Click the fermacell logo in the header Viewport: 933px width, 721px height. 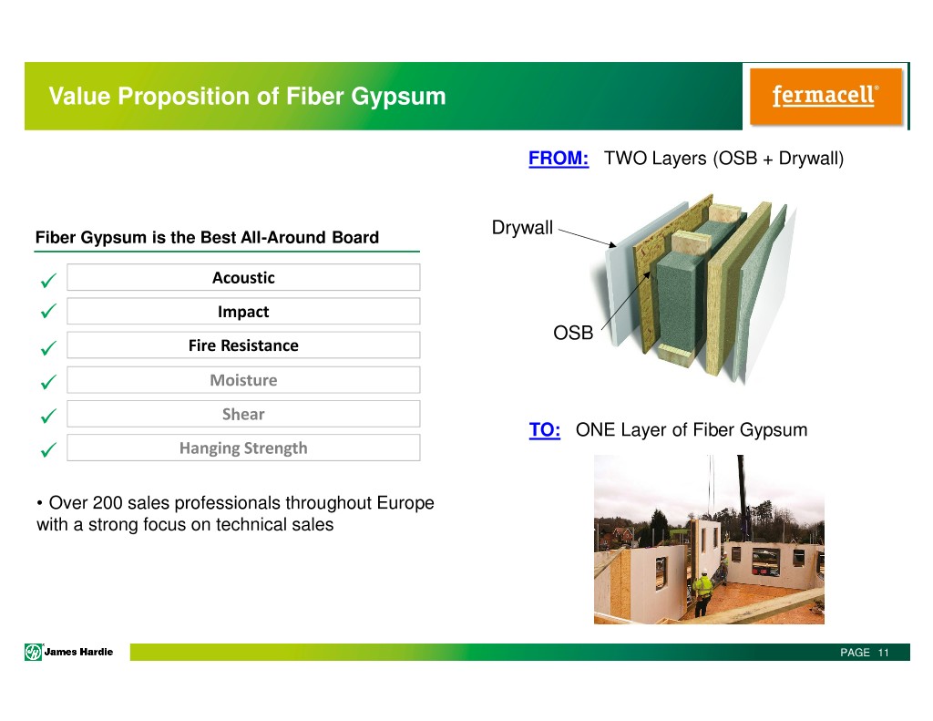825,97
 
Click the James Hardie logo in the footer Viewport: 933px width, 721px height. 69,652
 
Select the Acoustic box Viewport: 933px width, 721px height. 243,277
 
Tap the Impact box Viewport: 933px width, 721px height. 243,312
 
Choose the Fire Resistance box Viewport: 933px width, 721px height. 243,345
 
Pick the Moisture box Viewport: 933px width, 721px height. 243,380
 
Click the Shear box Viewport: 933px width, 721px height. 243,414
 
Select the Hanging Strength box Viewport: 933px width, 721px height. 243,448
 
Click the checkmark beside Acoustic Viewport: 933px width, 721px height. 48,280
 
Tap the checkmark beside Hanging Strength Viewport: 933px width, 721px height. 48,449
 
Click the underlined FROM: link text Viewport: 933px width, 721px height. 559,159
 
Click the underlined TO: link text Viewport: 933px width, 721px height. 545,430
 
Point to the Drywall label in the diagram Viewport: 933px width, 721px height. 522,228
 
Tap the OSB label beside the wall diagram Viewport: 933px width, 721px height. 573,332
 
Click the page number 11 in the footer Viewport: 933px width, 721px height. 883,653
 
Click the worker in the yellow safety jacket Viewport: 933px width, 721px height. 702,593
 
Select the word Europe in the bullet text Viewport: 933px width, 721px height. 405,504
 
